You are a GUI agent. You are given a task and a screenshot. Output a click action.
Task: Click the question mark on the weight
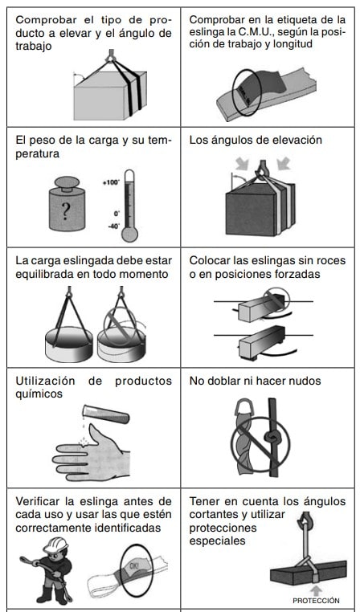(x=66, y=211)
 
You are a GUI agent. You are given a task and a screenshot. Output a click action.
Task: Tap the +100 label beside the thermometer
(x=111, y=182)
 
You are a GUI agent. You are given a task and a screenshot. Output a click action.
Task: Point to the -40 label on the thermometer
(x=114, y=226)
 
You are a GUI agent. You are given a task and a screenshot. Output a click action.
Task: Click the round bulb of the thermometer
(x=129, y=235)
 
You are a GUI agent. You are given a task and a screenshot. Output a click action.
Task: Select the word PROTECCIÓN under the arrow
(x=316, y=601)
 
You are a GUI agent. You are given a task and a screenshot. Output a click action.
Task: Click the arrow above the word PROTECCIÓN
(x=317, y=590)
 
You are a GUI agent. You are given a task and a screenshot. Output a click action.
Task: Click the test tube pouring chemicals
(x=106, y=414)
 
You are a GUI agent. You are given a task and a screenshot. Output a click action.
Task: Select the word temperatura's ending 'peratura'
(x=38, y=153)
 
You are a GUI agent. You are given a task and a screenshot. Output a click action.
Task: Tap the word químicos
(x=39, y=394)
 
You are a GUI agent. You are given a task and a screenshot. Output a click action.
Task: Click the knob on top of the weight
(x=67, y=183)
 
